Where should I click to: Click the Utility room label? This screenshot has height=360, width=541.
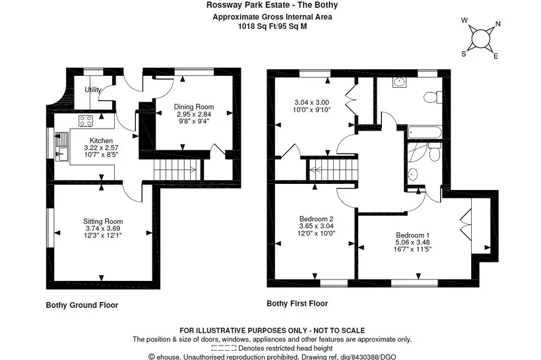[x=93, y=90]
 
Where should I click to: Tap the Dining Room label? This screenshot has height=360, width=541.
[x=193, y=107]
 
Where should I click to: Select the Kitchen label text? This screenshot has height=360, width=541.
[x=101, y=140]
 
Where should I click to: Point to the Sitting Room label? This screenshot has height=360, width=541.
[x=103, y=222]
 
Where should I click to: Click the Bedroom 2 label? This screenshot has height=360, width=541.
[x=317, y=219]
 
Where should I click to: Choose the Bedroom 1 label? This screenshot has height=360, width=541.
[x=412, y=235]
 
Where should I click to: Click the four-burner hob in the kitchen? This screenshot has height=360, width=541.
[x=86, y=121]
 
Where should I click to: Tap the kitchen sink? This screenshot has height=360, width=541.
[x=62, y=146]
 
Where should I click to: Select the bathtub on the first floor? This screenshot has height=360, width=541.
[x=424, y=133]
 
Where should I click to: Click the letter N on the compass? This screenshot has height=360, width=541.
[x=498, y=24]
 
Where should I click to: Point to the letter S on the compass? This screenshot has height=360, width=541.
[x=464, y=54]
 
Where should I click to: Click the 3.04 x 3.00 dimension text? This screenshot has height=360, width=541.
[x=311, y=102]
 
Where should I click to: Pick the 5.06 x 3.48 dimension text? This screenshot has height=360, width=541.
[x=412, y=243]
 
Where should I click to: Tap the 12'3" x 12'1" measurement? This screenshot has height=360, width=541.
[x=103, y=235]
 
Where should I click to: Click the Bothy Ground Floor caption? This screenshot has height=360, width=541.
[x=82, y=305]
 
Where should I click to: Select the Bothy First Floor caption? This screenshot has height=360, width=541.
[x=298, y=303]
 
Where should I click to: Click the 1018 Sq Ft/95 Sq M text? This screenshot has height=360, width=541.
[x=272, y=26]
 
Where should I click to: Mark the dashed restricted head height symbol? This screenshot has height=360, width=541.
[x=224, y=348]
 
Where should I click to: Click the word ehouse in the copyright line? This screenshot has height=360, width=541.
[x=169, y=357]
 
